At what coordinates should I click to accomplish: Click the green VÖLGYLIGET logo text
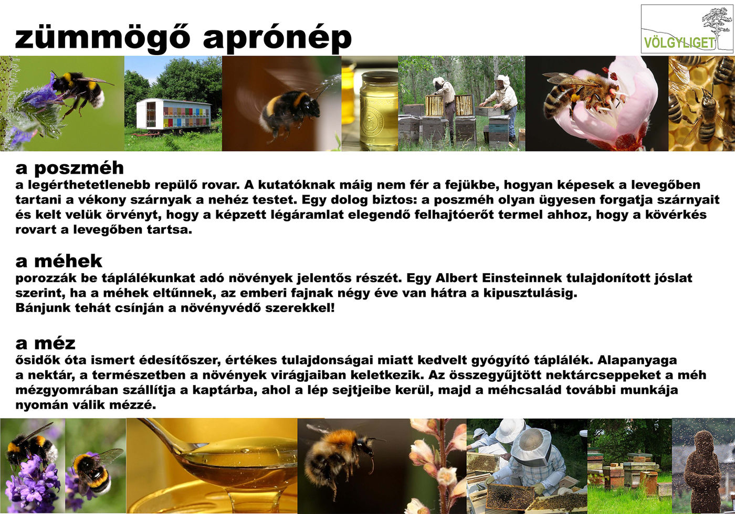point(679,42)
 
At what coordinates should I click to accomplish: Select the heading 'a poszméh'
point(69,168)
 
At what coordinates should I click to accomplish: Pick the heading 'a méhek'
point(59,261)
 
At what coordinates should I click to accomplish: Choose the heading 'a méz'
point(45,344)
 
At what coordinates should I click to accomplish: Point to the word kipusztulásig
point(530,293)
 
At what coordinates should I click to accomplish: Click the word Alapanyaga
point(637,361)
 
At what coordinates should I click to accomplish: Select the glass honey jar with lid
point(379,109)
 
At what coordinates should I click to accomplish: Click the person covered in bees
point(702,472)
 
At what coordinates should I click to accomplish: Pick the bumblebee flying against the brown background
point(289,111)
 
